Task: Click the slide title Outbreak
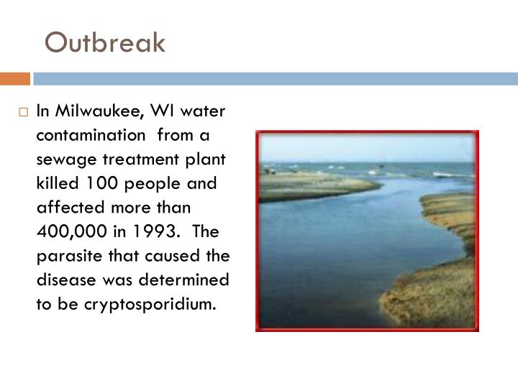click(105, 43)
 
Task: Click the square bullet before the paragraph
click(24, 112)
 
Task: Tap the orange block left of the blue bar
click(15, 78)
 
